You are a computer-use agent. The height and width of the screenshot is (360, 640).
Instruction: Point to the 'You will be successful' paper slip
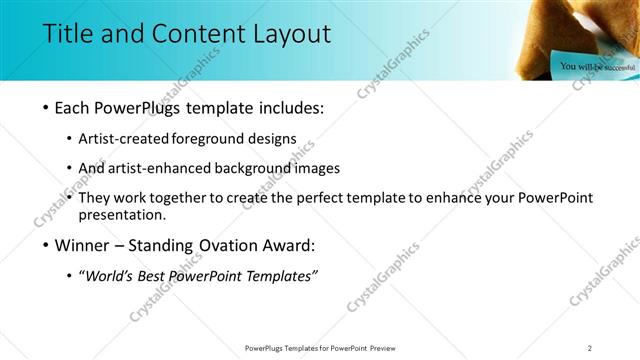click(597, 66)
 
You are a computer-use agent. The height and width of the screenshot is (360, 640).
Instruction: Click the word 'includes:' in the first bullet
click(290, 108)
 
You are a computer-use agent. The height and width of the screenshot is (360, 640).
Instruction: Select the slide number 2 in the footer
click(590, 348)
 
